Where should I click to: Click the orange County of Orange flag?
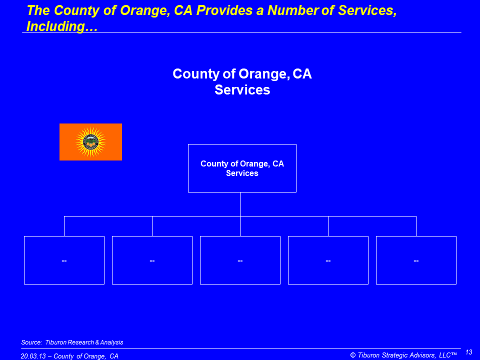coord(90,142)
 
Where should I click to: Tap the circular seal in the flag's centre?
coord(90,142)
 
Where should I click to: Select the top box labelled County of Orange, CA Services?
coord(242,168)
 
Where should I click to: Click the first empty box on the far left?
coord(64,260)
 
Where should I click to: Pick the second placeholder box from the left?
coord(152,260)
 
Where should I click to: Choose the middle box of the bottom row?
coord(240,260)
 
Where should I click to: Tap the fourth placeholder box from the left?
coord(328,260)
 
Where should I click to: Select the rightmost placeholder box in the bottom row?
coord(416,260)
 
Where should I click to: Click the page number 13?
coord(468,352)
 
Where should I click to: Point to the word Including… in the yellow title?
coord(62,26)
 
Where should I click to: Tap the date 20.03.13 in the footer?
coord(33,356)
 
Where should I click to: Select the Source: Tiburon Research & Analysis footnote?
coord(72,342)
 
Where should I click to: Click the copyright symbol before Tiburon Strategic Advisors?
coord(353,355)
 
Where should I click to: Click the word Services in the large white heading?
coord(242,89)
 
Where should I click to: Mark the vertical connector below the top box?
coord(240,204)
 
